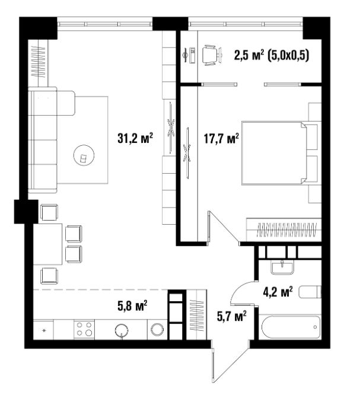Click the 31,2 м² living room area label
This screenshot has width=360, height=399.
(x=135, y=138)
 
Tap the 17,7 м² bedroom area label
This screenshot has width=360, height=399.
(x=221, y=138)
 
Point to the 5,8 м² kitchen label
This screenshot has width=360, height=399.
(x=132, y=305)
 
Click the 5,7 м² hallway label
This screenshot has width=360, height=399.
(x=231, y=316)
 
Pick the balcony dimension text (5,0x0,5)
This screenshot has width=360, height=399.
(x=288, y=55)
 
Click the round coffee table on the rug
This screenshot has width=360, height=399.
(x=84, y=155)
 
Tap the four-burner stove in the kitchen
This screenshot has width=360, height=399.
(x=84, y=329)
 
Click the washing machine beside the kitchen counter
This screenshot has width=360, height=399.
(x=157, y=329)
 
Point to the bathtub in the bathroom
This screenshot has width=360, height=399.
(x=290, y=327)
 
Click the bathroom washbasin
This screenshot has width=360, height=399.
(x=282, y=267)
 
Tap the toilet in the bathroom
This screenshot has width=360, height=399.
(x=310, y=292)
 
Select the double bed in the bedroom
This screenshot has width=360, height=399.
(x=279, y=153)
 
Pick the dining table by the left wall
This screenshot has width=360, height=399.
(x=48, y=244)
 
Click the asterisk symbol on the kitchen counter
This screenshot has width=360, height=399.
(x=44, y=331)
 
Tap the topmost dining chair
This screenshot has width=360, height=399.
(x=50, y=212)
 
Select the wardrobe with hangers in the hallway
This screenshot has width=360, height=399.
(x=197, y=315)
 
